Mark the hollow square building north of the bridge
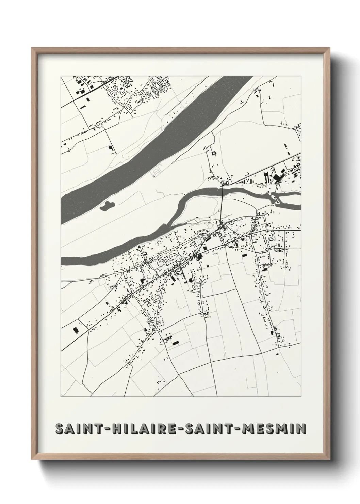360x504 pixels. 214,154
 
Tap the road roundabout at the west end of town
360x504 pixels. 122,273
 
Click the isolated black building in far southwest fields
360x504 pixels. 75,330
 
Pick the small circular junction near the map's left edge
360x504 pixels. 69,150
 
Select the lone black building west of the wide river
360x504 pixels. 110,147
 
